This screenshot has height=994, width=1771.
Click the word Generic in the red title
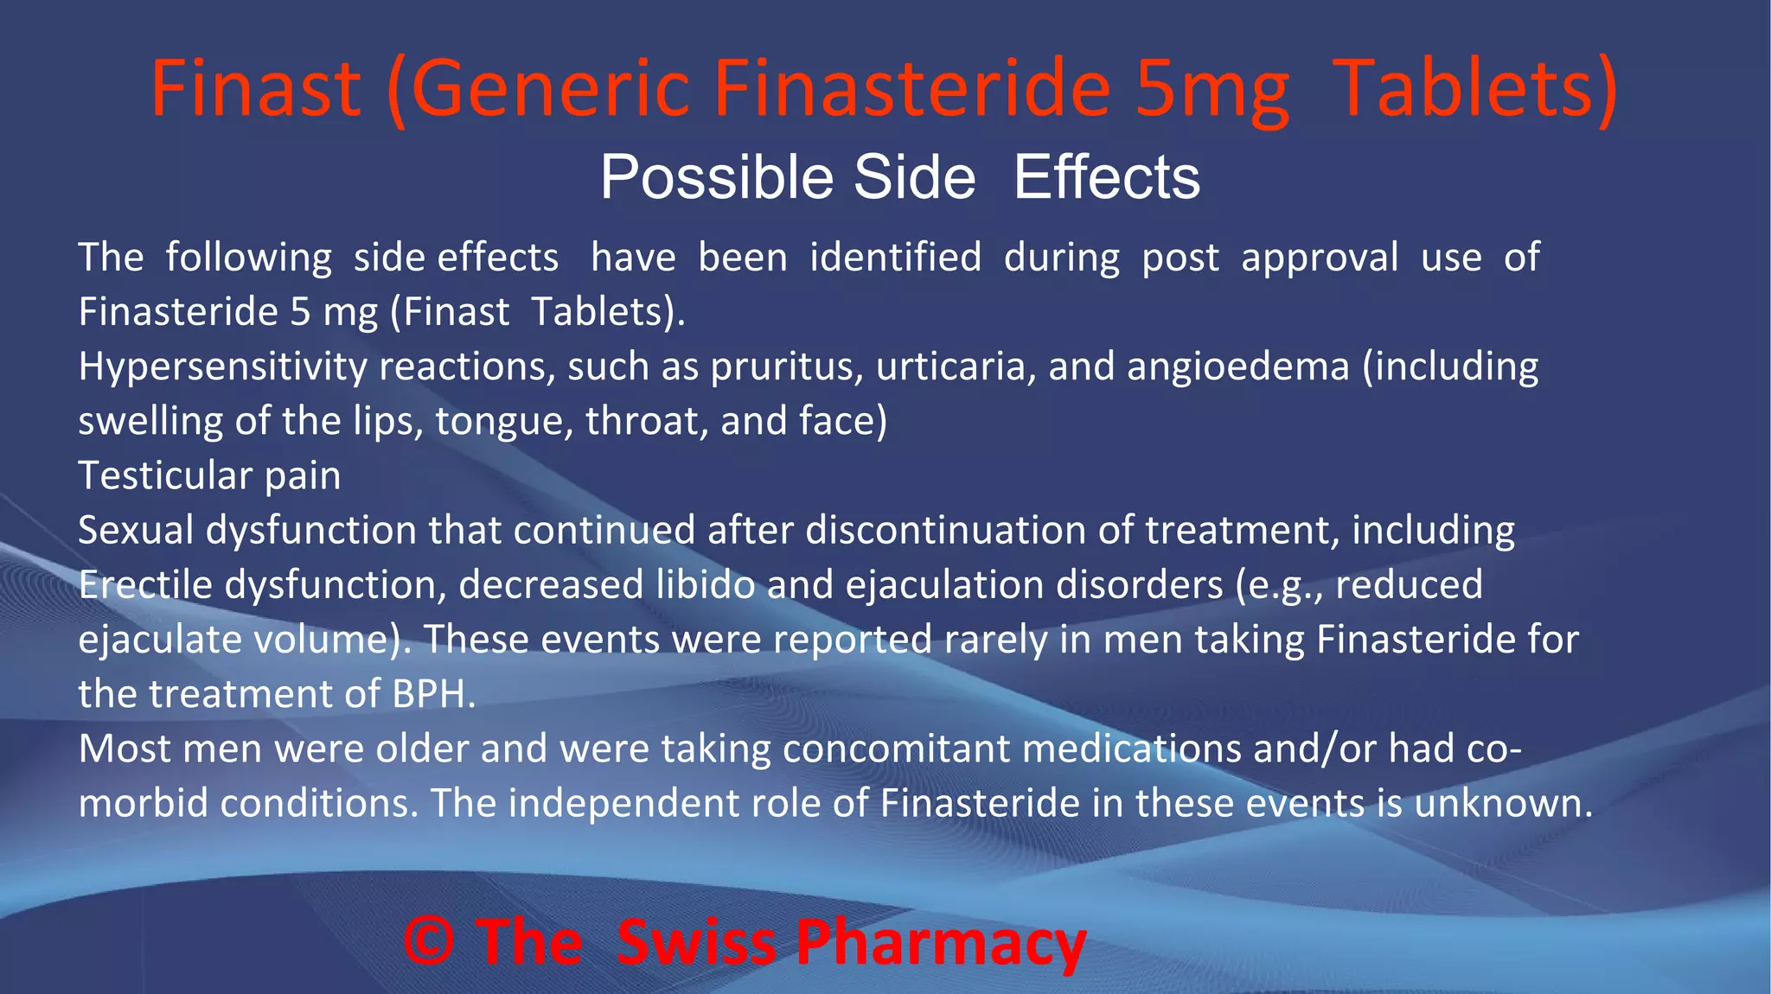pos(550,89)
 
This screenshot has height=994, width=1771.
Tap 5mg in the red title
pos(1212,89)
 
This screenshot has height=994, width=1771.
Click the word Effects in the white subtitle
pos(1107,178)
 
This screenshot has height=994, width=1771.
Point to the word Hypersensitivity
pos(223,367)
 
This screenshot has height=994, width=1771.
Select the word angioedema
pos(1238,367)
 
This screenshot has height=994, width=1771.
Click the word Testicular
pos(165,475)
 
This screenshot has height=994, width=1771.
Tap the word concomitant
pos(896,749)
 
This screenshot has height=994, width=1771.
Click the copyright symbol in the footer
pos(429,941)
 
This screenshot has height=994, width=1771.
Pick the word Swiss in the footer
pos(697,941)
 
